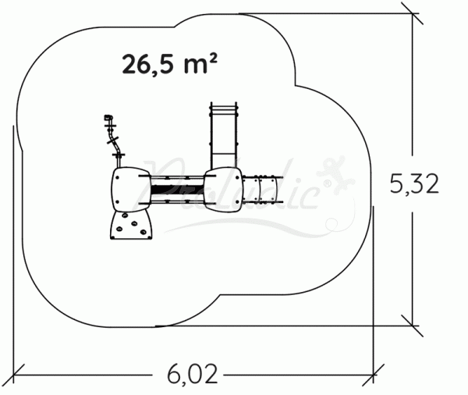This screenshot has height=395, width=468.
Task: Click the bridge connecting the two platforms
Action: click(x=176, y=188)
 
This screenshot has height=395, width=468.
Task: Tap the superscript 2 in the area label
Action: click(x=211, y=57)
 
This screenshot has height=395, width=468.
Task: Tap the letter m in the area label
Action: click(x=194, y=66)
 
